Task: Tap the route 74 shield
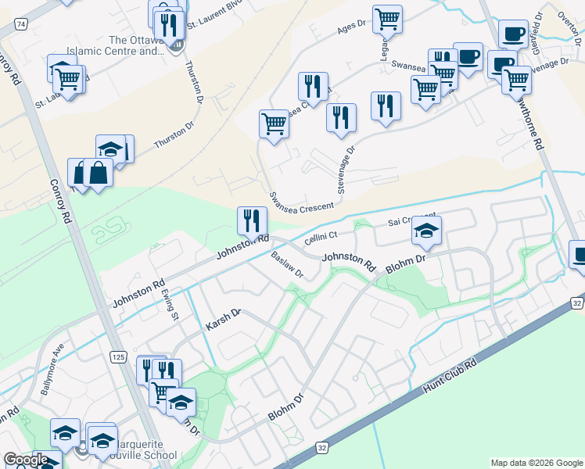point(21,25)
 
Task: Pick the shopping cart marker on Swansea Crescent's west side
point(274,123)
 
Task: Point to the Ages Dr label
point(351,27)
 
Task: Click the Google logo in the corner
point(26,460)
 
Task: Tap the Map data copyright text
point(537,463)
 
